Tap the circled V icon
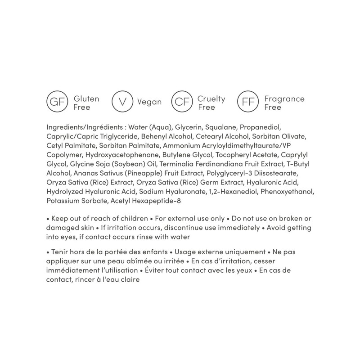[121, 103]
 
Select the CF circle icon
[182, 103]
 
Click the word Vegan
[149, 103]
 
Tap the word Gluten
[86, 99]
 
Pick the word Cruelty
[211, 99]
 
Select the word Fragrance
[284, 99]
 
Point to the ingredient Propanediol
[261, 127]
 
